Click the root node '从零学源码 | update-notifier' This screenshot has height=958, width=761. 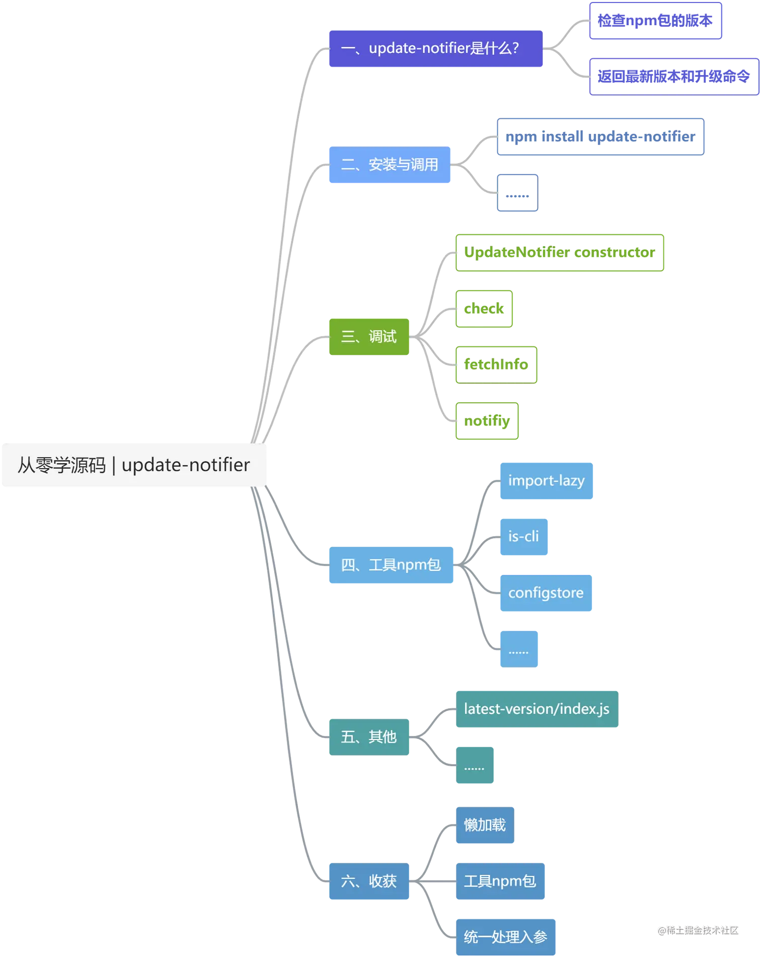(x=134, y=465)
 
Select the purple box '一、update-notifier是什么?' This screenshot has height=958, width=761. (x=434, y=48)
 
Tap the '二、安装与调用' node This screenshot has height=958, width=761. (x=390, y=165)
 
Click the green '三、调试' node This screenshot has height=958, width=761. (x=368, y=336)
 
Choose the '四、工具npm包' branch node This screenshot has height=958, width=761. (x=391, y=565)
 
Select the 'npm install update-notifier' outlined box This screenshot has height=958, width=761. (x=600, y=137)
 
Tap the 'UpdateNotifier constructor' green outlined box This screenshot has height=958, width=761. (x=560, y=253)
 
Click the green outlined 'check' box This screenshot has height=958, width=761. (x=484, y=308)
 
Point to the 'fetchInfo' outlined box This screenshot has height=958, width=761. (x=496, y=364)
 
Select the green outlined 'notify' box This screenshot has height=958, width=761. (x=487, y=420)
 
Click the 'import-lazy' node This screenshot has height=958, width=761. (x=546, y=480)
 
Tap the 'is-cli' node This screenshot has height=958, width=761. (x=523, y=536)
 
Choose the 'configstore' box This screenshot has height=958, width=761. (x=546, y=593)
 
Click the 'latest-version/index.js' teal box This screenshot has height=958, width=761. (x=537, y=709)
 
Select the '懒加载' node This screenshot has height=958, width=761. (x=485, y=825)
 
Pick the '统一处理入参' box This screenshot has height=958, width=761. (x=506, y=937)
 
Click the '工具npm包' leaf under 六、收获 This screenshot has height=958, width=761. (x=500, y=881)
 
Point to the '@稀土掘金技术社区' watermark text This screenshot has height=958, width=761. (x=698, y=930)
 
